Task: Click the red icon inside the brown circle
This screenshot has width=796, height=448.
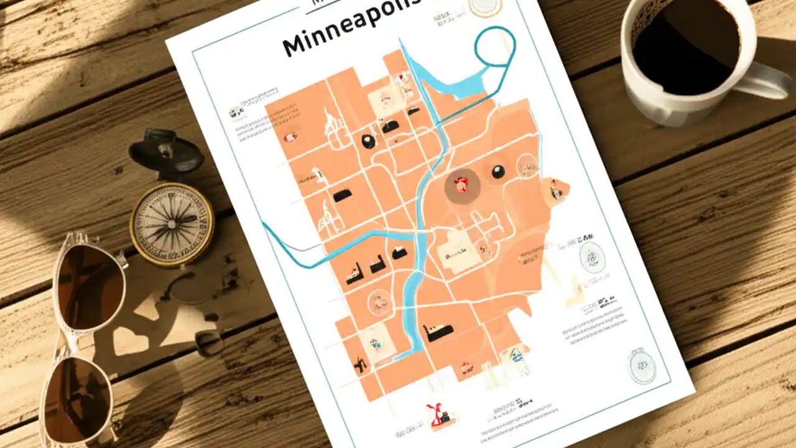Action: (460, 184)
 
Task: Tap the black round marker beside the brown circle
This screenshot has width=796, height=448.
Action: (497, 172)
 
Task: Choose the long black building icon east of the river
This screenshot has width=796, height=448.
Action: (438, 333)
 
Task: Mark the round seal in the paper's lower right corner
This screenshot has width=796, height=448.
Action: (642, 365)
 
